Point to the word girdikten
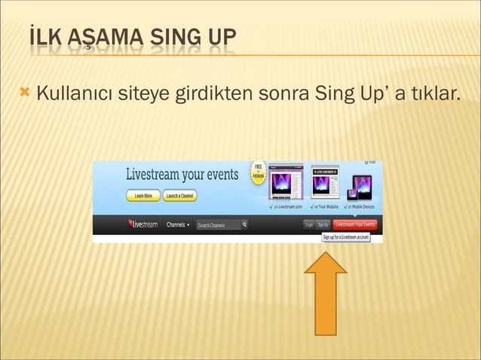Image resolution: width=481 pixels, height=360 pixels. (213, 96)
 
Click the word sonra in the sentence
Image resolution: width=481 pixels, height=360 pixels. (283, 96)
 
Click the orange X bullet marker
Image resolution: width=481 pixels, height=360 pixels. (25, 94)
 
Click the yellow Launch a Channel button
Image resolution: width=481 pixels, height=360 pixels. (181, 197)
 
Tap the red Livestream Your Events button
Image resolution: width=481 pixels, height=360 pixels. (355, 224)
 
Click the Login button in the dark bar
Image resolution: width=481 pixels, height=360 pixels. (308, 224)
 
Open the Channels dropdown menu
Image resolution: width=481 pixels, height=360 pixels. (178, 224)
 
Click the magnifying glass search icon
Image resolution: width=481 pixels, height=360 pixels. (244, 224)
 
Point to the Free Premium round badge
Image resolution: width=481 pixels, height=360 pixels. (258, 171)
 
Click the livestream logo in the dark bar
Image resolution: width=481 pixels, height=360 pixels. (143, 224)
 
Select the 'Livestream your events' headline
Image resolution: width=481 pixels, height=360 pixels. (182, 175)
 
